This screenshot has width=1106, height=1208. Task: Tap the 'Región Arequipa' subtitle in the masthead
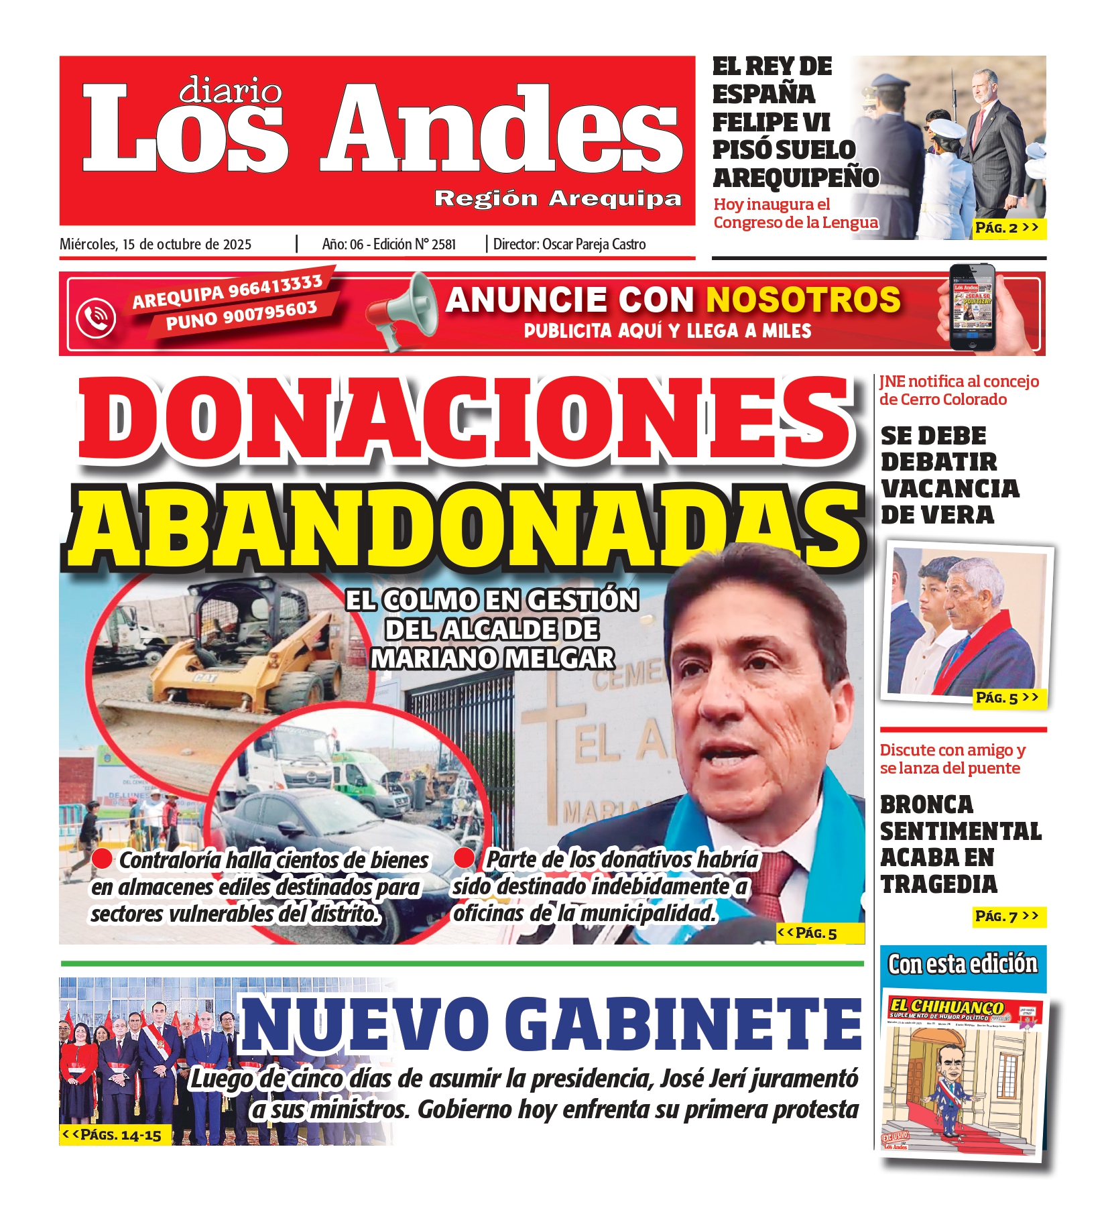pyautogui.click(x=558, y=198)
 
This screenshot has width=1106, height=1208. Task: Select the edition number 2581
pyautogui.click(x=443, y=245)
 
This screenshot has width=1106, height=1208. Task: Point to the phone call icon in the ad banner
pyautogui.click(x=95, y=317)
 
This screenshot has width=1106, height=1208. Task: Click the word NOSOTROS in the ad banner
pyautogui.click(x=803, y=300)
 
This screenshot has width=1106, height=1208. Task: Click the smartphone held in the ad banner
pyautogui.click(x=973, y=306)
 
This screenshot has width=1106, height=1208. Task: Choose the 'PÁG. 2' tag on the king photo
pyautogui.click(x=1006, y=228)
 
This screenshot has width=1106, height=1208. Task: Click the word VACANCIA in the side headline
pyautogui.click(x=949, y=489)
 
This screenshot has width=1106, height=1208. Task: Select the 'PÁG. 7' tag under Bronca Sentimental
pyautogui.click(x=1007, y=916)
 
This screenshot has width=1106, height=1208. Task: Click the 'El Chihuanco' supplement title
pyautogui.click(x=946, y=1006)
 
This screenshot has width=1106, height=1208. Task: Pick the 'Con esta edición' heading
pyautogui.click(x=962, y=964)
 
